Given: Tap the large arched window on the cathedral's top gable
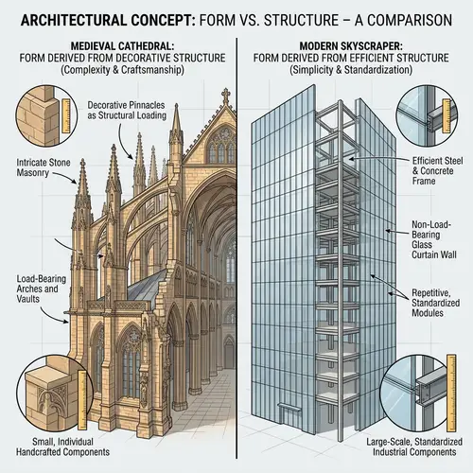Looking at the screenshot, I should pyautogui.click(x=220, y=147).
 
